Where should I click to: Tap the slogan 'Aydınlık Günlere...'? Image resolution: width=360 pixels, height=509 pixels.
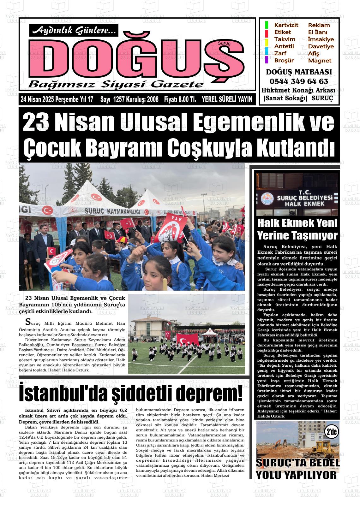pyautogui.click(x=74, y=30)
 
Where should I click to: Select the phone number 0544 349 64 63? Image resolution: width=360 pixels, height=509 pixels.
pyautogui.click(x=299, y=81)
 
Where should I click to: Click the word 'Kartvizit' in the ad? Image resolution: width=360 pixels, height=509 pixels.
pyautogui.click(x=286, y=25)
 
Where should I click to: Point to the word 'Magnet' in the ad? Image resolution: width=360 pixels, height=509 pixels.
pyautogui.click(x=320, y=61)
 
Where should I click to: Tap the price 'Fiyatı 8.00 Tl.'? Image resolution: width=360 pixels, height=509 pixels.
pyautogui.click(x=180, y=100)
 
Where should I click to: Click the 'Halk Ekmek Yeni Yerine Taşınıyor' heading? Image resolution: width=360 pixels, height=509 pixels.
pyautogui.click(x=297, y=229)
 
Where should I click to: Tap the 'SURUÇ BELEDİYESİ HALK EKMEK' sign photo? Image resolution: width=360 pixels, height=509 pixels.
pyautogui.click(x=297, y=194)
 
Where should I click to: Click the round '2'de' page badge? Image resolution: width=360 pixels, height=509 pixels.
pyautogui.click(x=332, y=432)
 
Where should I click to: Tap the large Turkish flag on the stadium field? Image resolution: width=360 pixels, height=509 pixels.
pyautogui.click(x=188, y=340)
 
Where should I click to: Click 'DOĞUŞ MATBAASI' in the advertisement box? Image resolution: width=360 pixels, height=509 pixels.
pyautogui.click(x=299, y=72)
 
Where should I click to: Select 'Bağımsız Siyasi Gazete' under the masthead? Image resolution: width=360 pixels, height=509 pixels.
pyautogui.click(x=116, y=84)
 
